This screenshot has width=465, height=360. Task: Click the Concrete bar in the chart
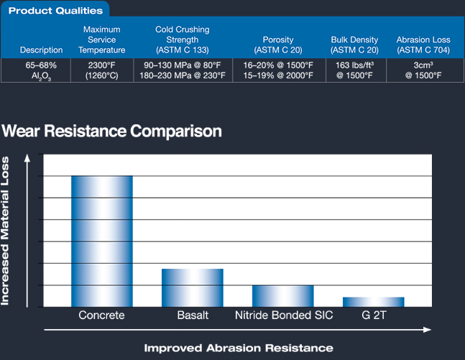[x=102, y=241]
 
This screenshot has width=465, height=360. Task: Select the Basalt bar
[x=193, y=287]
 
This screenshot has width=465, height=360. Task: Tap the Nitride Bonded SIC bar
[x=283, y=296]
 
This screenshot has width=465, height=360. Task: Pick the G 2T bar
[x=374, y=302]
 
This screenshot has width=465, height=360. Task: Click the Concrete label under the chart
[x=101, y=315]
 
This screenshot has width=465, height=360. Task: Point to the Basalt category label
[x=193, y=315]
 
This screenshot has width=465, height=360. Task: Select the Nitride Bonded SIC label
[x=284, y=315]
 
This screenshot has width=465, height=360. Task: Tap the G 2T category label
[x=374, y=315]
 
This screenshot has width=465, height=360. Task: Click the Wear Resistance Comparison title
[x=111, y=131]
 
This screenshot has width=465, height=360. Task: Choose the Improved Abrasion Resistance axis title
[x=239, y=348]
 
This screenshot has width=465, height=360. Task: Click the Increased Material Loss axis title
[x=5, y=231]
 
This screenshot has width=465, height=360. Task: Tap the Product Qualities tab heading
[x=55, y=11]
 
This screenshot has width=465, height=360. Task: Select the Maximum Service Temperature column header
[x=102, y=40]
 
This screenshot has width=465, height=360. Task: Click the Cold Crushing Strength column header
[x=183, y=40]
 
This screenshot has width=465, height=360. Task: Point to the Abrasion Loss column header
[x=423, y=45]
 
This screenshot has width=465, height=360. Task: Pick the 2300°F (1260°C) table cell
[x=102, y=70]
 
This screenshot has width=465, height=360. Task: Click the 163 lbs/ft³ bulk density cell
[x=355, y=70]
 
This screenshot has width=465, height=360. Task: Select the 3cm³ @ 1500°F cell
[x=423, y=70]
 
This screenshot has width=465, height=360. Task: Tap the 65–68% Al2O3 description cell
[x=41, y=70]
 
